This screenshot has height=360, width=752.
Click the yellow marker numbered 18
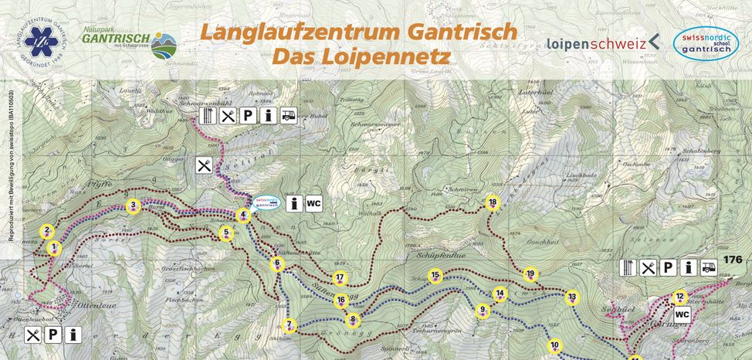coord(493,203)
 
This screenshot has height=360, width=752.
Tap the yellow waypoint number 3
coord(134,205)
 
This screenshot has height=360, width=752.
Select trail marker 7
coord(290,324)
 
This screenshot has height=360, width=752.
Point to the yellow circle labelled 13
coord(571,297)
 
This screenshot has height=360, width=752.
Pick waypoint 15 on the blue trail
coord(435,275)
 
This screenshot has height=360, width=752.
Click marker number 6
coord(276,263)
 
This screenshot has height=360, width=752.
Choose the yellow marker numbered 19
coord(530,274)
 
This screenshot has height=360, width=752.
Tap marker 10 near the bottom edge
coord(554,345)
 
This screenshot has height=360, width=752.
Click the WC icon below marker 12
coord(682,315)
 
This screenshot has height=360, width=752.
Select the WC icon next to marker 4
coord(313,203)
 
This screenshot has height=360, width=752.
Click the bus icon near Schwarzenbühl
coord(290,117)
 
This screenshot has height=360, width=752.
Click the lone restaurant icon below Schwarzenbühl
coord(204,165)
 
